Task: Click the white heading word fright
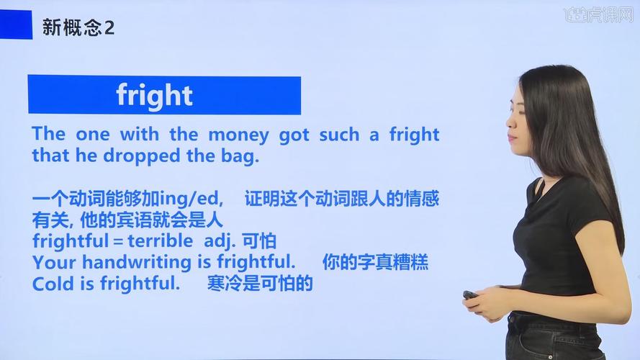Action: [x=155, y=95]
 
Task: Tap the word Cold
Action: [x=53, y=284]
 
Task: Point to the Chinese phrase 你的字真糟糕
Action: [x=375, y=262]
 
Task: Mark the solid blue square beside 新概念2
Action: [x=17, y=24]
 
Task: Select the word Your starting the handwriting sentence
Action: [x=53, y=262]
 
